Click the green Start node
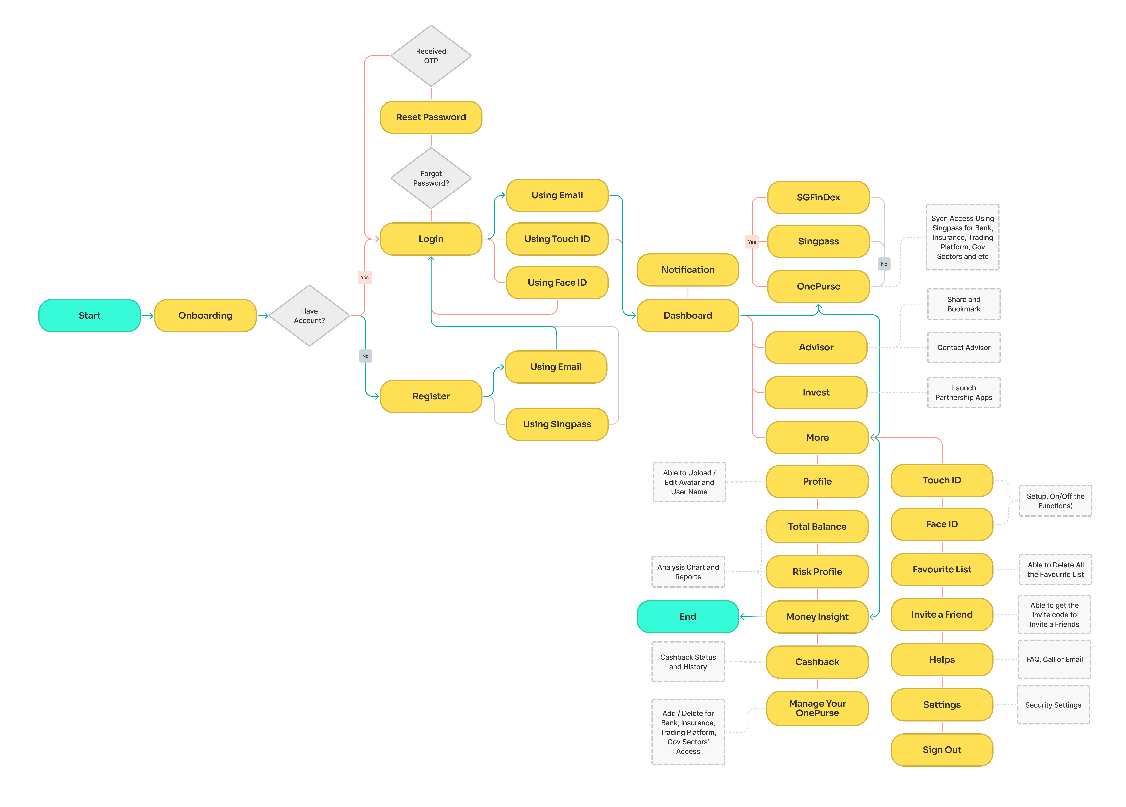click(x=89, y=316)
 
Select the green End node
click(x=688, y=616)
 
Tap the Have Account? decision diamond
click(x=309, y=316)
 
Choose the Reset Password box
click(x=431, y=117)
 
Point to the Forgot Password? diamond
click(x=431, y=178)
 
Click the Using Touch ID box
click(x=557, y=239)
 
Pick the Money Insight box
click(x=817, y=617)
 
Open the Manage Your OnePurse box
click(x=817, y=708)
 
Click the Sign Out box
click(x=942, y=750)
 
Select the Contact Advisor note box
click(x=964, y=347)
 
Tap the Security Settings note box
click(x=1053, y=705)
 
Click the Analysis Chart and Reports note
click(x=688, y=572)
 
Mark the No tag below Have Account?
click(x=365, y=356)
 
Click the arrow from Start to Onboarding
click(x=147, y=316)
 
